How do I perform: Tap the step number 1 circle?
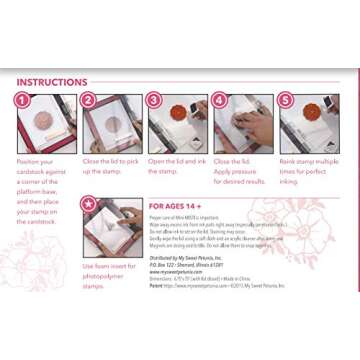(x=23, y=100)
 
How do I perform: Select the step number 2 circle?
(x=88, y=100)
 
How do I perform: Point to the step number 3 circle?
(x=154, y=100)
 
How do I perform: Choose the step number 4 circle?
(x=220, y=100)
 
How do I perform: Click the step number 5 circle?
(x=285, y=100)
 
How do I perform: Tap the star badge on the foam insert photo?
(x=88, y=204)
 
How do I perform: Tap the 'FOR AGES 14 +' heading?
(x=183, y=206)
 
